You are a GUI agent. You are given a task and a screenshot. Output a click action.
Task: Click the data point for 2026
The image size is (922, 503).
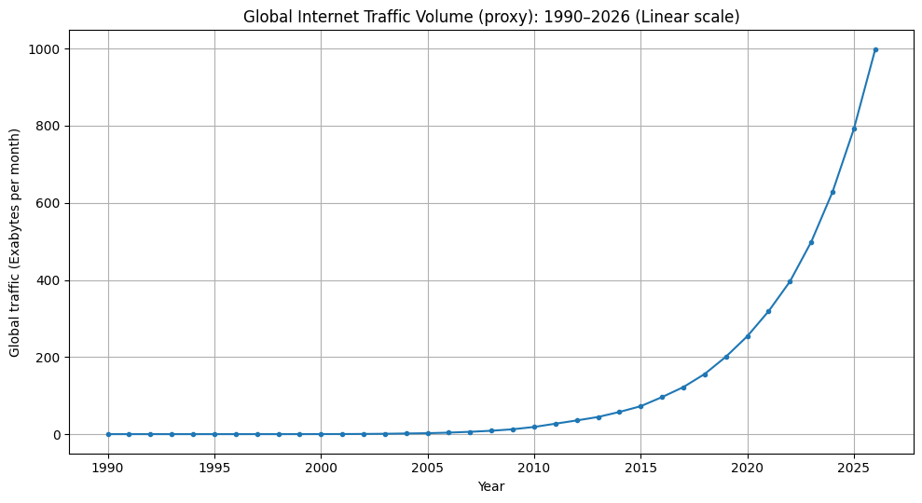click(875, 49)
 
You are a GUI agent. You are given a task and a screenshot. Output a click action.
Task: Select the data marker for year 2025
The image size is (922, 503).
click(854, 129)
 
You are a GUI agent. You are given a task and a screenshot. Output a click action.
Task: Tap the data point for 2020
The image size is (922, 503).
click(748, 336)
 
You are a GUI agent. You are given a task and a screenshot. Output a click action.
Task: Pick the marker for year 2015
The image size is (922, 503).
click(640, 406)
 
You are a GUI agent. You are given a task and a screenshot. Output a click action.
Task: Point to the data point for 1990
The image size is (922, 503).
click(108, 434)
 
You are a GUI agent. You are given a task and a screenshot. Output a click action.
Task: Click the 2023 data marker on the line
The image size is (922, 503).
click(811, 242)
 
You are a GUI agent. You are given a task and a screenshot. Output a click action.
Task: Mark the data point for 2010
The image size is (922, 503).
click(534, 427)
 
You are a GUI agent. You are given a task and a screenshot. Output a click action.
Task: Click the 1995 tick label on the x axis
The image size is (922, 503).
click(214, 466)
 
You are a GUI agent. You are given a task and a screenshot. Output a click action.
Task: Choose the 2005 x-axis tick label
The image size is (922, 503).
click(428, 466)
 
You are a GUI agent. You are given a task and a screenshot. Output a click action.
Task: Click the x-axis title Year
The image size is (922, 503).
click(491, 486)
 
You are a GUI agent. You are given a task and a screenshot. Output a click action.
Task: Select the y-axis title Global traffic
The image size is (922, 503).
click(16, 242)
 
